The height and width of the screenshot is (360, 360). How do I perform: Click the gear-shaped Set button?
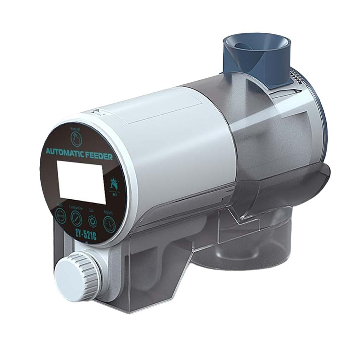click(92, 222)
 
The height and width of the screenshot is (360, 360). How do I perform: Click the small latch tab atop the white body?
click(97, 112)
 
